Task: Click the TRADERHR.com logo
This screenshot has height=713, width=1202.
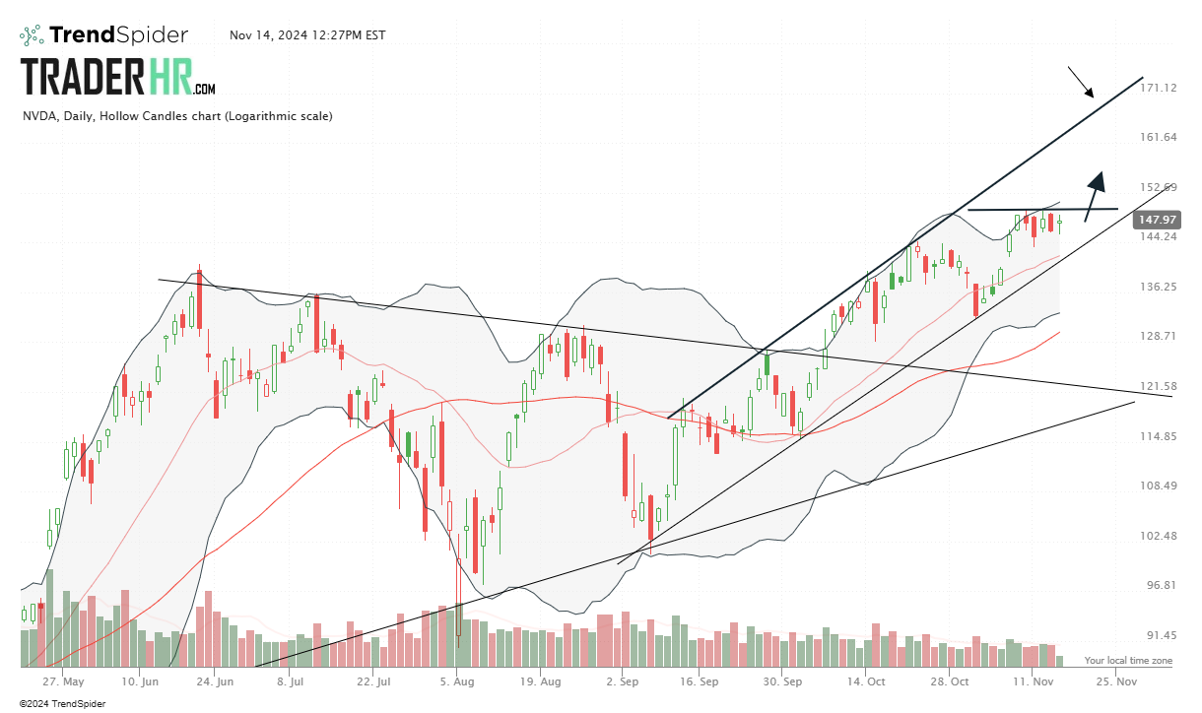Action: coord(118,77)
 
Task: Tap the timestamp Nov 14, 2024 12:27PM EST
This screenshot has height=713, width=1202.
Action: coord(307,35)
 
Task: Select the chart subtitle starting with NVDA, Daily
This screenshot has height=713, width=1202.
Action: coord(177,116)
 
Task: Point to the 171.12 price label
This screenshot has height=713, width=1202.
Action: coord(1158,88)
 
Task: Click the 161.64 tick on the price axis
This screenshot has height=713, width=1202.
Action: coord(1158,137)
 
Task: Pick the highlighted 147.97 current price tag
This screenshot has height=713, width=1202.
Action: coord(1157,220)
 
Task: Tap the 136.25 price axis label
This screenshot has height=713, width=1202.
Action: coord(1158,287)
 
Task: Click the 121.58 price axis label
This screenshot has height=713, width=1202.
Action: coord(1158,386)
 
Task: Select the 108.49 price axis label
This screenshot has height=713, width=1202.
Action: coord(1158,486)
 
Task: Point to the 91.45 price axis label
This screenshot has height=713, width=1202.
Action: coord(1158,635)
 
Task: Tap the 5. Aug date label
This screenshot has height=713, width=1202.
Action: coord(456,681)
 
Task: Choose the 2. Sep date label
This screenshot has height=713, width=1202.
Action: coord(622,681)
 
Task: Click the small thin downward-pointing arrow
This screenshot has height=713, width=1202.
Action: coord(1081,83)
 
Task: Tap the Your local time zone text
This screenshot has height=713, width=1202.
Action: coord(1128,660)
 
